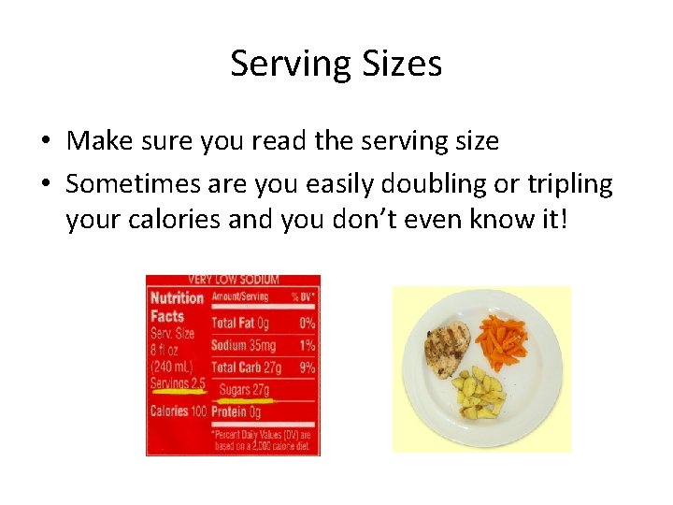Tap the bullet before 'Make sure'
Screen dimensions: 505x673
[x=44, y=142]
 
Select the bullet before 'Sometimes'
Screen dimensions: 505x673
[x=44, y=185]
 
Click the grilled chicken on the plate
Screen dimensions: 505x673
[x=447, y=347]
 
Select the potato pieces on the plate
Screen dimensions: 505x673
[x=480, y=393]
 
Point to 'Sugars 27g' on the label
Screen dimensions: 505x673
[x=244, y=389]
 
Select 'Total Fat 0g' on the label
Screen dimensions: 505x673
[x=240, y=323]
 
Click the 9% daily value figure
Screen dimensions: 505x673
[x=307, y=368]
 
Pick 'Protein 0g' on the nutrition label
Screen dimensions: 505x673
[x=236, y=411]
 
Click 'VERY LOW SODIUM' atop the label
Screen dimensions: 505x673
[x=233, y=280]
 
